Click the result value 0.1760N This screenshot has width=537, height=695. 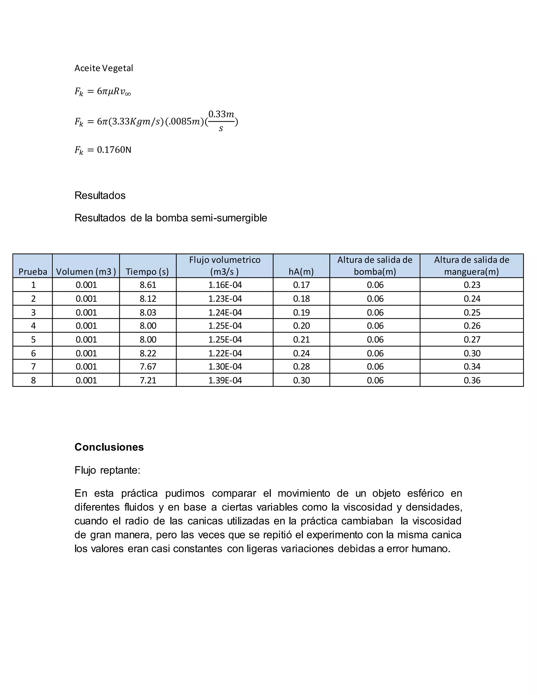114,150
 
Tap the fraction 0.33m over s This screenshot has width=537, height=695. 221,121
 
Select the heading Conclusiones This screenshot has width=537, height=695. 109,447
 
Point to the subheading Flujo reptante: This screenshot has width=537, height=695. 107,470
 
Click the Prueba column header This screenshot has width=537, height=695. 33,271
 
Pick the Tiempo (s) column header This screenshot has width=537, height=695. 147,271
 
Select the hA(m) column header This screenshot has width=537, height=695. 301,271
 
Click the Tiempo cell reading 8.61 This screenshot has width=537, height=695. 148,285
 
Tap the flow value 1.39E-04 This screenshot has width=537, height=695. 225,380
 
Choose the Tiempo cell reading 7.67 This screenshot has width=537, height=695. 148,367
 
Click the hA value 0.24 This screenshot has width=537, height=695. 301,353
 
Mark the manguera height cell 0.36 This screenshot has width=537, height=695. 472,380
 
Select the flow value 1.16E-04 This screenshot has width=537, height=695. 225,285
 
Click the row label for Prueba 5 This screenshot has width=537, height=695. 33,340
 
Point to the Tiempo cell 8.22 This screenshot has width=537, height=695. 148,353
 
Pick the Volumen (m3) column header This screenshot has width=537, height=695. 86,271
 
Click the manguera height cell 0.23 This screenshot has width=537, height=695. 472,285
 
